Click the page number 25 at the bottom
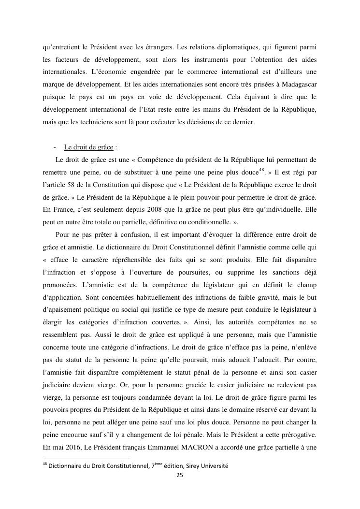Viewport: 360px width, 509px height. point(179,475)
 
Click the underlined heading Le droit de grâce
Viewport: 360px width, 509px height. point(88,147)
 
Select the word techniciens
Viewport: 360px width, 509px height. point(97,122)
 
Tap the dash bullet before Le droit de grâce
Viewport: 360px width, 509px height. point(55,147)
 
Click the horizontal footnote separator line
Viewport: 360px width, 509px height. point(86,458)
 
